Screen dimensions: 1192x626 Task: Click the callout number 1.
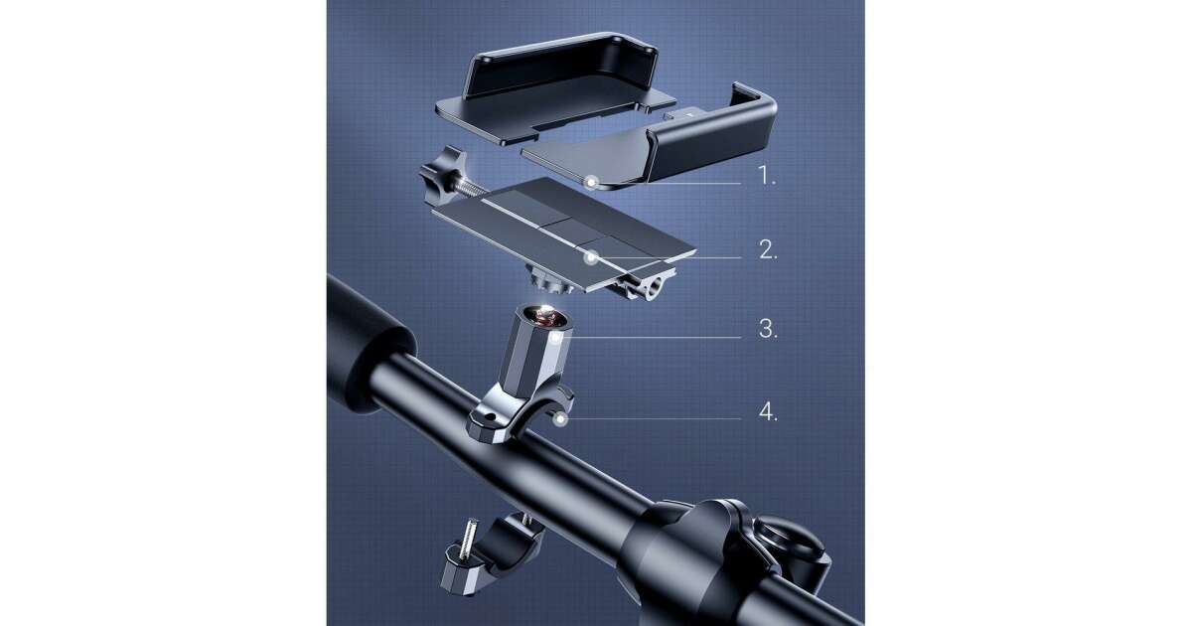767,175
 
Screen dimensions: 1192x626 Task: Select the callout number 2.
768,249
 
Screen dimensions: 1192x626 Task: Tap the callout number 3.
768,329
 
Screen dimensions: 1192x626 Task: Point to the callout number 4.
768,411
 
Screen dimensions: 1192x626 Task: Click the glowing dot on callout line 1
591,183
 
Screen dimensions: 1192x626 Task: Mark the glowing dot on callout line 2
590,258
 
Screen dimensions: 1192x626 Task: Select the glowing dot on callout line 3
556,338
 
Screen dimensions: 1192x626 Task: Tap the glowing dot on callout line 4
560,420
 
